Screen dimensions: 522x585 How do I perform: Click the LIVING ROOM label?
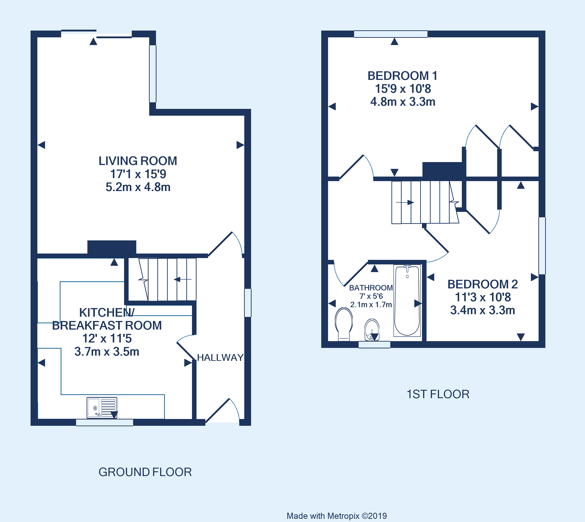(138, 161)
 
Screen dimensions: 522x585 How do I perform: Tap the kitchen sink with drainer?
(102, 407)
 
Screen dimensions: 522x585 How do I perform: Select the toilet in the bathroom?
(344, 323)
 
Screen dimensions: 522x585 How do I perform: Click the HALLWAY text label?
(220, 357)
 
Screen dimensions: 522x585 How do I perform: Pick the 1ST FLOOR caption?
(438, 394)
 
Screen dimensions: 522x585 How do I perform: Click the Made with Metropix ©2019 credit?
(337, 516)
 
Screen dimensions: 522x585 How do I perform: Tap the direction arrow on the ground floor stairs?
(182, 279)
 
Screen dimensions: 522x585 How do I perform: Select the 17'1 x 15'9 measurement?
(138, 174)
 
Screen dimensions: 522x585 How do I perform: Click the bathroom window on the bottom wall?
(374, 345)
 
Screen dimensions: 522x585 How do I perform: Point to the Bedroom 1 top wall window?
(391, 34)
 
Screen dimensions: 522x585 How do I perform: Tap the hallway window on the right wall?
(248, 303)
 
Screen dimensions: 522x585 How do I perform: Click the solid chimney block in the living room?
(112, 247)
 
